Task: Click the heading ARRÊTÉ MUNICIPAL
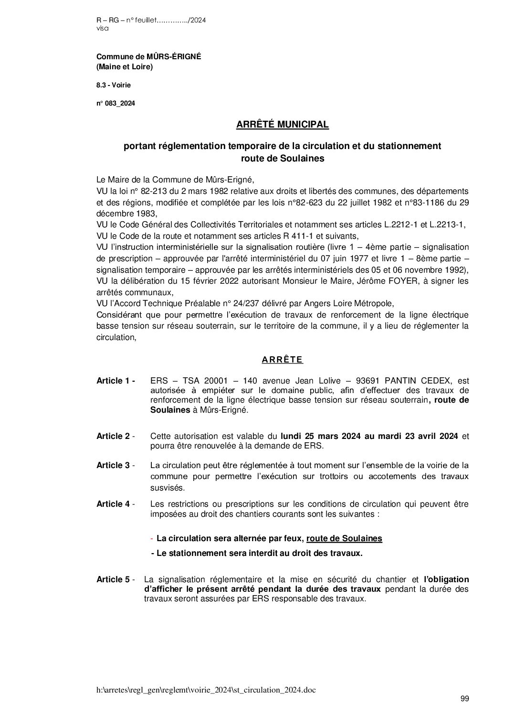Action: click(283, 125)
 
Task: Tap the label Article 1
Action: click(115, 381)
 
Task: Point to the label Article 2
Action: click(115, 436)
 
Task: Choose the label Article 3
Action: click(115, 465)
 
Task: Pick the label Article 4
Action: click(115, 504)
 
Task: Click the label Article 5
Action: click(115, 579)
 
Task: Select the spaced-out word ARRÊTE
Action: click(282, 360)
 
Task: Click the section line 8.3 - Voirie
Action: click(113, 85)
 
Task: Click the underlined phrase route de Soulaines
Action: click(344, 538)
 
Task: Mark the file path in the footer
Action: click(206, 690)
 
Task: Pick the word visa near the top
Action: click(102, 28)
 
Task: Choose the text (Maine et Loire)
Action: click(125, 67)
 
